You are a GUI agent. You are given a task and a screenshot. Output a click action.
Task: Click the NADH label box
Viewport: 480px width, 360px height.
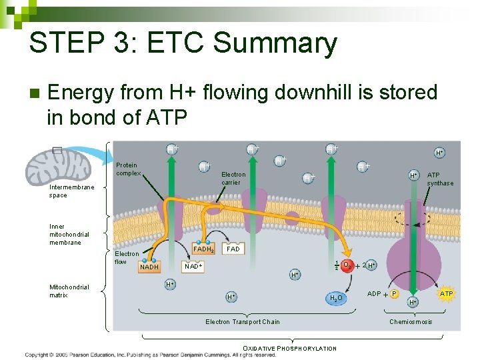(149, 267)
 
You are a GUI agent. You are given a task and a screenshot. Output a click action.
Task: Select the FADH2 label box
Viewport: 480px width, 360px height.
(203, 249)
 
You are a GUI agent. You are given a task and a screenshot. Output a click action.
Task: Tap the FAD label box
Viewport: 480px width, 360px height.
(233, 249)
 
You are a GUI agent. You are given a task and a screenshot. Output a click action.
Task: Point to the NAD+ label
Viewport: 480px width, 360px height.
(193, 266)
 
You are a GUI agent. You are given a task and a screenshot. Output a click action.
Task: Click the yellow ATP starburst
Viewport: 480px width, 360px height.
(446, 293)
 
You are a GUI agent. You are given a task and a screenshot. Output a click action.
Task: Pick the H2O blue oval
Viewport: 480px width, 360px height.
(335, 297)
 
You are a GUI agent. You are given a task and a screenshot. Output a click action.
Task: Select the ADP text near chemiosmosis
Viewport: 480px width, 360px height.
(374, 293)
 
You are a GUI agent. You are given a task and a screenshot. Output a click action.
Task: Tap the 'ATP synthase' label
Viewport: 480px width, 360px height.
(440, 179)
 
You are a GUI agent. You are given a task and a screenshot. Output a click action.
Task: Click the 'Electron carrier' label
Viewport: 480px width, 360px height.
(233, 178)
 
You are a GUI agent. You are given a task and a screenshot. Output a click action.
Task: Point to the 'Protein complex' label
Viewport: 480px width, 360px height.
(127, 169)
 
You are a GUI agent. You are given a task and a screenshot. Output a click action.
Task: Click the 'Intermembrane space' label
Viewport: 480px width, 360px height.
(72, 191)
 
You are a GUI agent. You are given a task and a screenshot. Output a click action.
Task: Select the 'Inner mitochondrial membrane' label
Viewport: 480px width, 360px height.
(69, 234)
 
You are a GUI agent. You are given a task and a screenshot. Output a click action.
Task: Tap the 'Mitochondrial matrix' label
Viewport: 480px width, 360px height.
(69, 291)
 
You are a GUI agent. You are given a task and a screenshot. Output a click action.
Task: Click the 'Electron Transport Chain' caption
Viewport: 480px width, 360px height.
(243, 322)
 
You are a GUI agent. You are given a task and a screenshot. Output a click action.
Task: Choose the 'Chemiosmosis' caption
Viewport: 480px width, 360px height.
(411, 322)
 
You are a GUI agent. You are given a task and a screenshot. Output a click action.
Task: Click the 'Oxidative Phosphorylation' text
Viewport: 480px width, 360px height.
(289, 348)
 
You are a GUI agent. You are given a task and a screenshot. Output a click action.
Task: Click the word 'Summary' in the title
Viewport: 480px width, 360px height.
(273, 44)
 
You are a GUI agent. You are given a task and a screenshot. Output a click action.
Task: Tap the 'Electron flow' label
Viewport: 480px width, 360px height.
(127, 257)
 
